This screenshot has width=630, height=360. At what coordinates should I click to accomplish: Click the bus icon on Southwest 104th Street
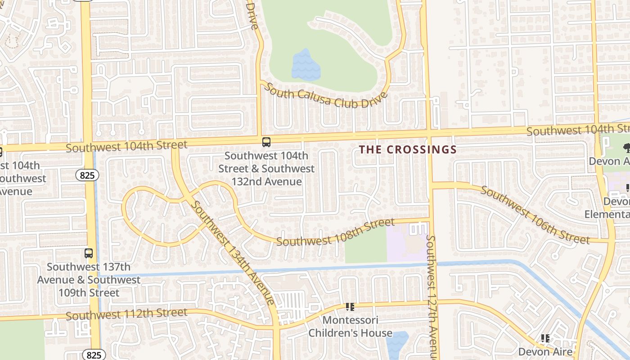[x=266, y=142]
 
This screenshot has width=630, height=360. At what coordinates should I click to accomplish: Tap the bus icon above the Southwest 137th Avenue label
[x=89, y=253]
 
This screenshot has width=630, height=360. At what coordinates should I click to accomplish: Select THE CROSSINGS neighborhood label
[x=408, y=150]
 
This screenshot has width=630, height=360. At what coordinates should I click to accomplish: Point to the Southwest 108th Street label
[x=335, y=232]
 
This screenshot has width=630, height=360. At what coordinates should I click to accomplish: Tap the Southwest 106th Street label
[x=535, y=215]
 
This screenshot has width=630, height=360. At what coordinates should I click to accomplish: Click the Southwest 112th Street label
[x=126, y=314]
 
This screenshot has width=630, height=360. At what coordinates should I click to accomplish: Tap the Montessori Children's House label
[x=350, y=327]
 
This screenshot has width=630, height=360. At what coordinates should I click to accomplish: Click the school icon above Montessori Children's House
[x=350, y=307]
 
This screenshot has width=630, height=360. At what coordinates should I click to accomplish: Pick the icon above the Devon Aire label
[x=545, y=338]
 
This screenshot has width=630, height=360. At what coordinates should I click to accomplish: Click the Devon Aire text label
[x=545, y=351]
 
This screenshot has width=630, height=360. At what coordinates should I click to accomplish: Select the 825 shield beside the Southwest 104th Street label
[x=87, y=175]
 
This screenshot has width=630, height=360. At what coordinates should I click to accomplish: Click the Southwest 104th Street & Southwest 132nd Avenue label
[x=266, y=169]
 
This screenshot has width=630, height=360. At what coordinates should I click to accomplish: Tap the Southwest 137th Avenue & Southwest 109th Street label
[x=89, y=279]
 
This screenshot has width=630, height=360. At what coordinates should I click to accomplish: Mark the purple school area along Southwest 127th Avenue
[x=407, y=242]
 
